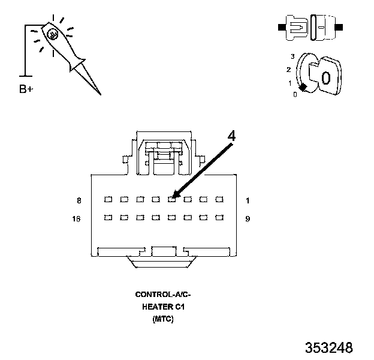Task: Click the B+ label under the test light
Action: pos(26,90)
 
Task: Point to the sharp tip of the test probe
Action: pos(99,94)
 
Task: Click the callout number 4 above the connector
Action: pos(231,136)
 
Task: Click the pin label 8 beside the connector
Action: pos(79,200)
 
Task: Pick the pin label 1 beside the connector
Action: pos(247,200)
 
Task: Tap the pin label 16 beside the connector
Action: pos(77,219)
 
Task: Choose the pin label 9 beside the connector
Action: pos(248,219)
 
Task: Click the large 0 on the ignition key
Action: pos(326,78)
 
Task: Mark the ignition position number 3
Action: pos(292,56)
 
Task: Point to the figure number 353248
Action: pos(328,348)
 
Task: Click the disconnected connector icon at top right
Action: pos(309,27)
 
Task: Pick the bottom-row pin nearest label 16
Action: pos(108,218)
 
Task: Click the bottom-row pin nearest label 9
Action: pos(219,218)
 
